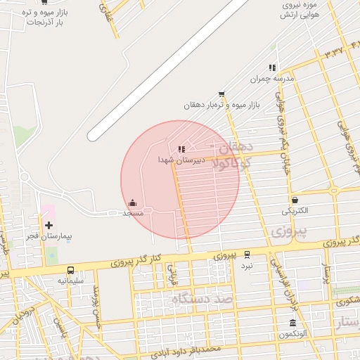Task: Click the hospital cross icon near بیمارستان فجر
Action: coord(49,225)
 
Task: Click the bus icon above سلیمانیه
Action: coord(70,270)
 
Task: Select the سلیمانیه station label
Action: coord(71,281)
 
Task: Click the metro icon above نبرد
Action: coord(247,255)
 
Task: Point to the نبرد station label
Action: coord(247,266)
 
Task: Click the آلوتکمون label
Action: coord(292,335)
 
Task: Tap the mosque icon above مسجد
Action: coord(133,202)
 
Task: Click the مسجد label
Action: coord(133,212)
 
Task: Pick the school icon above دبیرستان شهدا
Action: coord(181,149)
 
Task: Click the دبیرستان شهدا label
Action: coord(181,160)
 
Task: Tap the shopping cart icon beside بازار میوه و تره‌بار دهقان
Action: coord(221,94)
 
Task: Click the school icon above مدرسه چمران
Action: coord(272,67)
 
